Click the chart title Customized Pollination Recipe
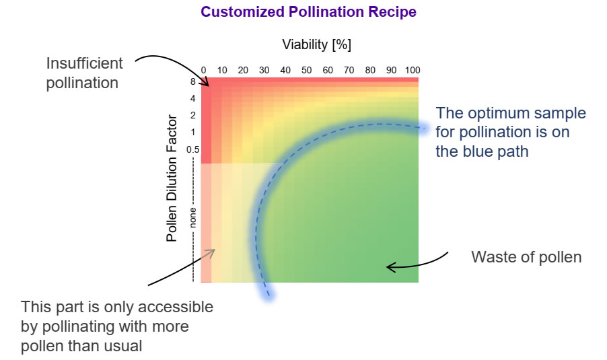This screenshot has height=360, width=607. click(308, 12)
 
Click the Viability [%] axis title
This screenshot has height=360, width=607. click(317, 45)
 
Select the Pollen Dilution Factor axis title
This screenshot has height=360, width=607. click(172, 179)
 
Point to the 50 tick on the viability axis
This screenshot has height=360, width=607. click(306, 70)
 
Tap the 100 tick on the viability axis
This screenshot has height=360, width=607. click(412, 70)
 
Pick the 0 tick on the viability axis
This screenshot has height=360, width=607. click(203, 70)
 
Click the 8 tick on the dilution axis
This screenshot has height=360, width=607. click(193, 82)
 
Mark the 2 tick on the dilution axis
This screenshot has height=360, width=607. click(193, 115)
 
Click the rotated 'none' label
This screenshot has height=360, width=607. click(192, 217)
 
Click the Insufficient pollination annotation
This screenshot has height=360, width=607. click(84, 73)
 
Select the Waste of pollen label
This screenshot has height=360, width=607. click(526, 257)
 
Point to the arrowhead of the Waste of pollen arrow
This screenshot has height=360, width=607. click(388, 267)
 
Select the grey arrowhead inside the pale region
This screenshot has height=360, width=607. click(213, 251)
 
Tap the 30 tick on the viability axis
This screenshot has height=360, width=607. click(264, 70)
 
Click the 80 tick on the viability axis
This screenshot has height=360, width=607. click(369, 70)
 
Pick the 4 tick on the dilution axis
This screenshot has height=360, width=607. click(193, 98)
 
